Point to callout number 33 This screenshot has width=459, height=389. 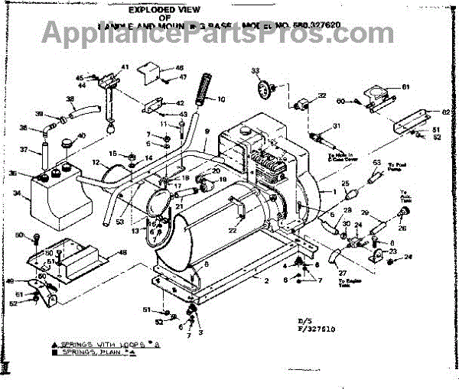[255, 71]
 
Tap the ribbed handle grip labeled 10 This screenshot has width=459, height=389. [204, 86]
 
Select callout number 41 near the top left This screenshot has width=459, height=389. [125, 66]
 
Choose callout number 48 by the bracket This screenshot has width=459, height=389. [121, 253]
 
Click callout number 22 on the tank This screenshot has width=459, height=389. [232, 229]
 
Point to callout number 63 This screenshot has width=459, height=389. [376, 163]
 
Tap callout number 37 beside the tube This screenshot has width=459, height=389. [24, 149]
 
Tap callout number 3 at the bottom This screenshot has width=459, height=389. [200, 333]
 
